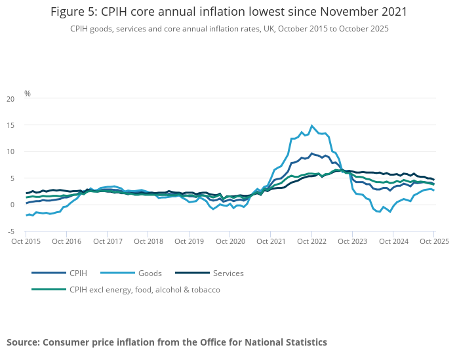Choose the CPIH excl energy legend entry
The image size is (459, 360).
145,289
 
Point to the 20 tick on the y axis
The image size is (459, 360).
10,99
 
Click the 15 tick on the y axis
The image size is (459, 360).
10,125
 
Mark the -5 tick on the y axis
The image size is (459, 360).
10,231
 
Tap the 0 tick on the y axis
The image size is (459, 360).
12,205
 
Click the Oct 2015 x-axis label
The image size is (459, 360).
26,241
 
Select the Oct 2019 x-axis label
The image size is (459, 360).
189,241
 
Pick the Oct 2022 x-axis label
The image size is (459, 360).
311,241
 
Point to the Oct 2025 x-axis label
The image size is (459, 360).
433,241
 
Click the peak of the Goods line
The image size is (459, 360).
312,125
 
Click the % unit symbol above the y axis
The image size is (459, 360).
28,94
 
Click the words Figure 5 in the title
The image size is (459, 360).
73,12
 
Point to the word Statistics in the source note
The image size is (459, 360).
304,342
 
